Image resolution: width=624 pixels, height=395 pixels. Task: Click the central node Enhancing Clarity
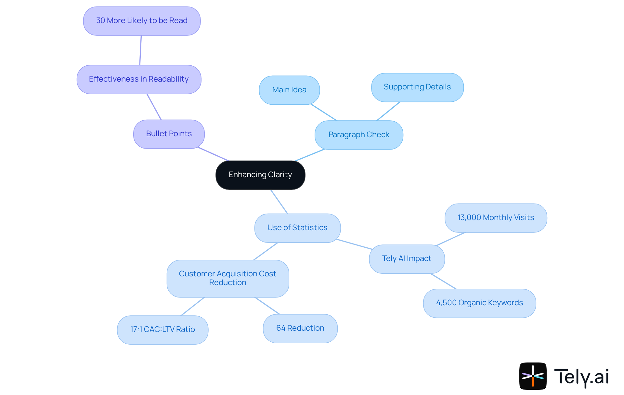[260, 175]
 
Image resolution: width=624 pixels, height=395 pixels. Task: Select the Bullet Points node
[169, 134]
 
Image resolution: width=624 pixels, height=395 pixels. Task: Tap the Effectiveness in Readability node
[139, 79]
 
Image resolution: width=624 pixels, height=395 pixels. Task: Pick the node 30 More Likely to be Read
[142, 21]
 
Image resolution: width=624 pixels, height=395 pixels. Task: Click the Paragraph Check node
[359, 135]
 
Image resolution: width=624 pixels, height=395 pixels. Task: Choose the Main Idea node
[289, 90]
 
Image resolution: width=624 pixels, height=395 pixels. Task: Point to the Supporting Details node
[417, 87]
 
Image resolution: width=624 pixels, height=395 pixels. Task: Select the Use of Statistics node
[297, 228]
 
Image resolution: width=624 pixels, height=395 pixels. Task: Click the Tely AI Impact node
[407, 259]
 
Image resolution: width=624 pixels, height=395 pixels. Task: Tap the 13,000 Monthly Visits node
[496, 218]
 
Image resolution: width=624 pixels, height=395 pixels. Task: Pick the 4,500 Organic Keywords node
[479, 303]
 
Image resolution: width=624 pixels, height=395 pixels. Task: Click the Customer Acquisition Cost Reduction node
[227, 278]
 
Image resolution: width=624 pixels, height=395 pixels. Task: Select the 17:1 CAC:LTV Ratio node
[162, 330]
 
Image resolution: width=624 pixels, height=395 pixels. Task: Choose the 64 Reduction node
[300, 328]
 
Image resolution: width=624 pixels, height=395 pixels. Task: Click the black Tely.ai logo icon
[533, 376]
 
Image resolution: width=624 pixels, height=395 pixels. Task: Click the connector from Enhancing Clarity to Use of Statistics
[279, 202]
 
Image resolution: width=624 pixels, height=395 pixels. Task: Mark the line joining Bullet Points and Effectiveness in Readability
[154, 107]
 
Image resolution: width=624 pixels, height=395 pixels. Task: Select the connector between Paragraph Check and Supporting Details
[388, 111]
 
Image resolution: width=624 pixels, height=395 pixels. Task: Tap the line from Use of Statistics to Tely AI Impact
[354, 244]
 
